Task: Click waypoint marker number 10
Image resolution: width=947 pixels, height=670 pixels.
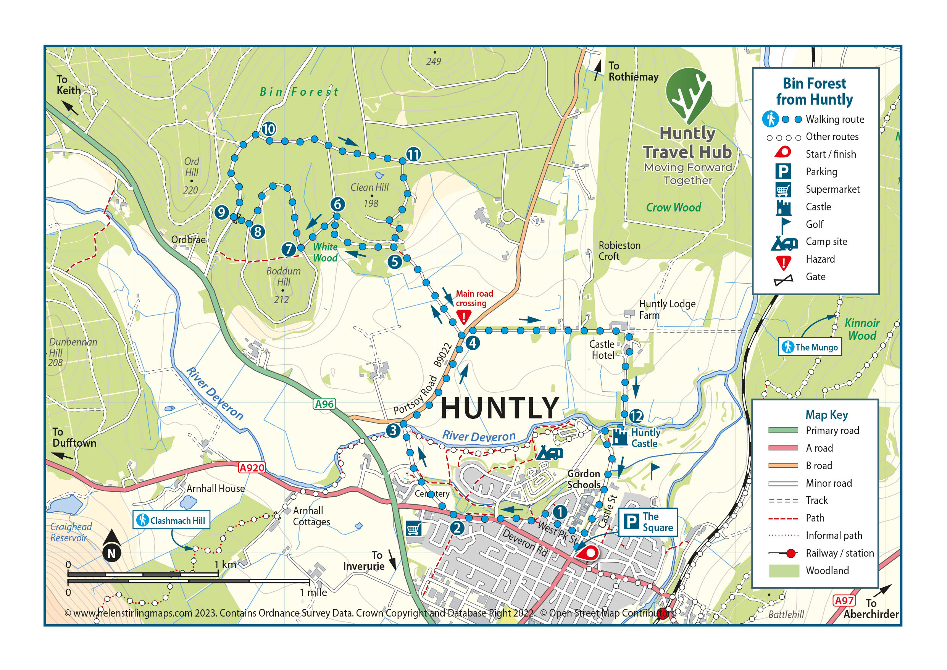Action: click(268, 129)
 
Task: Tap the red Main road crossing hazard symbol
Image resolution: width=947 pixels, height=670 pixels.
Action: click(464, 317)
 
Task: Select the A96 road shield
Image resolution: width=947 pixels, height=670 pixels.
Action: click(324, 404)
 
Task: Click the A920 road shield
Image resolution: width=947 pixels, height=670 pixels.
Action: click(252, 467)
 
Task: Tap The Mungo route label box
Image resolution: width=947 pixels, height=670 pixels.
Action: click(810, 347)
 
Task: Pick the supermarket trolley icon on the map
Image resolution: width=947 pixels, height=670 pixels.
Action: click(414, 528)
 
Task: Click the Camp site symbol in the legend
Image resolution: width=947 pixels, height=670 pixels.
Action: click(783, 243)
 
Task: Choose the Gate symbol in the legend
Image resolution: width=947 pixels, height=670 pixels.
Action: click(783, 280)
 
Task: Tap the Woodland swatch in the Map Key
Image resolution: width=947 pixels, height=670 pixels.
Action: click(783, 571)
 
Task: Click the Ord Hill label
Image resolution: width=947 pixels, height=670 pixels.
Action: click(191, 167)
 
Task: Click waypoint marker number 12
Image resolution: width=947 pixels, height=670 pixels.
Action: click(636, 416)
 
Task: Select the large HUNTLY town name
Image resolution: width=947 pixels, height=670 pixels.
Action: click(500, 408)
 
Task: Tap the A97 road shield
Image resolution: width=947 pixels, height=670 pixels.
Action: click(844, 600)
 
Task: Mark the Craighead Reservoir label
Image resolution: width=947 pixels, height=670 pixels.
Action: click(71, 532)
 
